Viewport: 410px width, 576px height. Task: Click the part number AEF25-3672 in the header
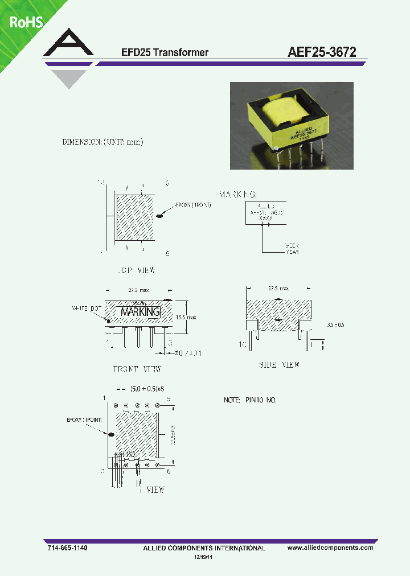click(x=322, y=52)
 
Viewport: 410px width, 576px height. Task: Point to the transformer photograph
click(x=291, y=125)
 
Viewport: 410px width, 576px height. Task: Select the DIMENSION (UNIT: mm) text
click(x=102, y=142)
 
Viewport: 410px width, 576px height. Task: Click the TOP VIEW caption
click(x=134, y=270)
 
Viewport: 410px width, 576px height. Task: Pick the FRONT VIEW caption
click(x=137, y=369)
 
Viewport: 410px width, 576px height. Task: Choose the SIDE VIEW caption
click(x=278, y=364)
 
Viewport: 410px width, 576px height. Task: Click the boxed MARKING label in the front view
click(x=140, y=312)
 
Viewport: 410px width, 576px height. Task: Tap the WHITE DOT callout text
click(x=85, y=308)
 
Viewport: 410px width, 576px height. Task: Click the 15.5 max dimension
click(x=186, y=316)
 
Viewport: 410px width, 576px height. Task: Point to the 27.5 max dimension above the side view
click(x=278, y=289)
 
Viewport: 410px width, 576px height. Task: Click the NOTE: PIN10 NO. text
click(x=250, y=401)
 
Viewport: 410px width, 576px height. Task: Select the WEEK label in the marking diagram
click(x=292, y=246)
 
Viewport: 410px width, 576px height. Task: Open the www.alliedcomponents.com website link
click(x=330, y=548)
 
